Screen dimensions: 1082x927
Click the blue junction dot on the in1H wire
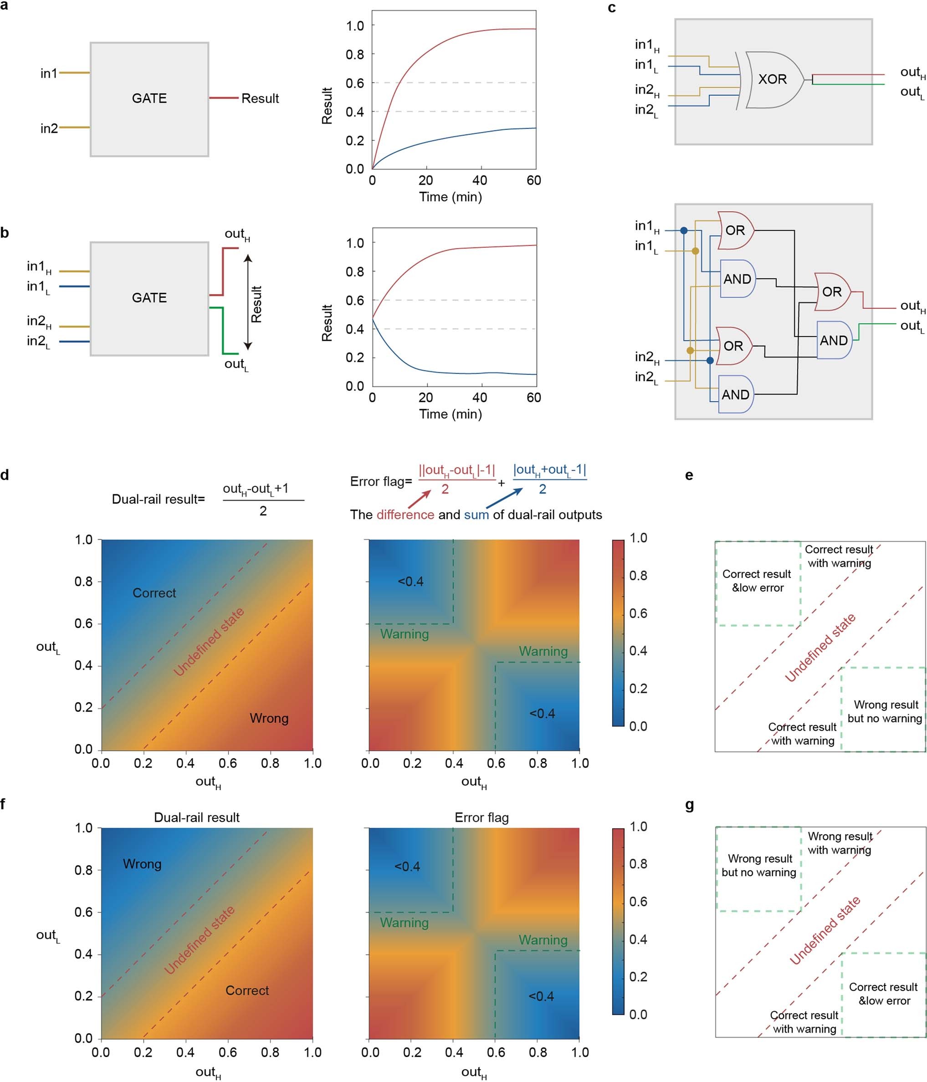(684, 230)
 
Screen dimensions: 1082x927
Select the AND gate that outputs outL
(834, 341)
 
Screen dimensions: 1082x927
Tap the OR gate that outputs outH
(831, 292)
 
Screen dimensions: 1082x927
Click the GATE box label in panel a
(149, 98)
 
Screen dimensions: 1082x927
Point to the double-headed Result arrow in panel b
(248, 302)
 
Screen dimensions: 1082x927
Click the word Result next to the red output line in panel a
(260, 98)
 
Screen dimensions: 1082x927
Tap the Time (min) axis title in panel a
(450, 197)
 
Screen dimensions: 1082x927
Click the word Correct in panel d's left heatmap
(154, 593)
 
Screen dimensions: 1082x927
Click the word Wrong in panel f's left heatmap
(142, 864)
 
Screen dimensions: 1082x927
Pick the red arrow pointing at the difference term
(419, 499)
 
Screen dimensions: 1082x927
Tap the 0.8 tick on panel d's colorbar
(638, 576)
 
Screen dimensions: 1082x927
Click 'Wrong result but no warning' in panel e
(885, 711)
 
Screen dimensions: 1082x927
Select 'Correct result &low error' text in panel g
(883, 993)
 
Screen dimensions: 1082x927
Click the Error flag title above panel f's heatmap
(481, 817)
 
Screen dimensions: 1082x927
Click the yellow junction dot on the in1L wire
(695, 251)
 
